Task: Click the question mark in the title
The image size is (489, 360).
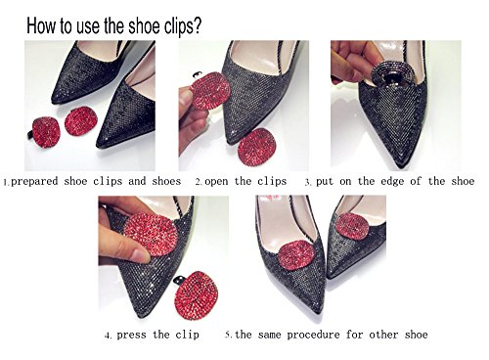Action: pos(197,24)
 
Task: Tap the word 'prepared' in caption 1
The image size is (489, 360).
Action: pos(34,181)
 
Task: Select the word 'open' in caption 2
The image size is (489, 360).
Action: pos(216,182)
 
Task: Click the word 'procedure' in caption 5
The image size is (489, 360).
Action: pos(313,335)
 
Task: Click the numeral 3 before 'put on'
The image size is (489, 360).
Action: pos(307,182)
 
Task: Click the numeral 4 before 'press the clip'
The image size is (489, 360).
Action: pos(108,336)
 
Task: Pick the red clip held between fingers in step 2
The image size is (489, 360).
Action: pos(209,91)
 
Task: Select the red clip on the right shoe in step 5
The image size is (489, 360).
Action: pos(352,226)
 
